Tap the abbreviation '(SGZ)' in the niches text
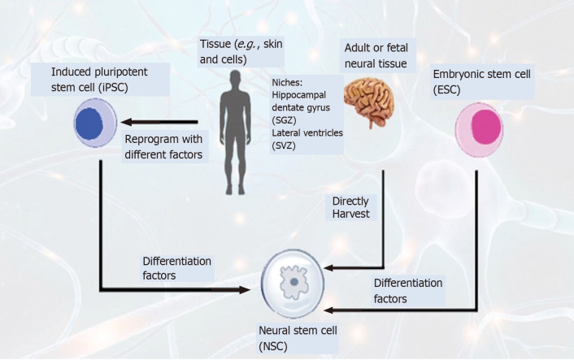[285, 119]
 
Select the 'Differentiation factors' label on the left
[176, 267]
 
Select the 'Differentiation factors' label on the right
[408, 290]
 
